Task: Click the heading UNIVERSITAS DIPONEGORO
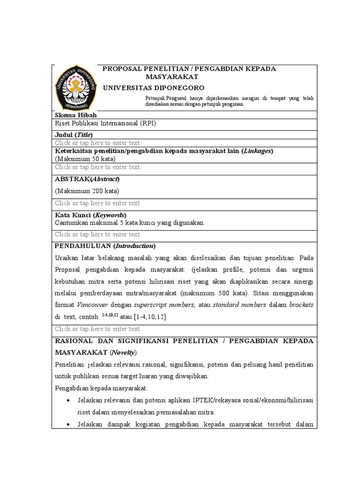tap(153, 88)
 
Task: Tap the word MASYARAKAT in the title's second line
tap(172, 77)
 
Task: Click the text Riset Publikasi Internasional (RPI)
tap(105, 124)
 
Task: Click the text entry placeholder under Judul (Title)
tap(97, 142)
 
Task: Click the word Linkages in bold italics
tap(257, 151)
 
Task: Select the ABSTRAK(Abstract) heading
tap(87, 179)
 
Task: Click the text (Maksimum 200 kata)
tap(87, 191)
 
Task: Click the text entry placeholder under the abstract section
tap(97, 203)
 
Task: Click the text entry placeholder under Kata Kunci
tap(97, 234)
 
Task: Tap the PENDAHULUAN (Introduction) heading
tap(105, 246)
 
